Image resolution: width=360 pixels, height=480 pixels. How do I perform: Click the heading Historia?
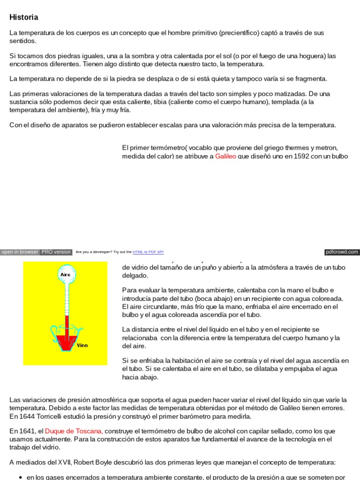pos(24,17)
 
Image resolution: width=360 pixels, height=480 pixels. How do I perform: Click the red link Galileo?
pos(225,157)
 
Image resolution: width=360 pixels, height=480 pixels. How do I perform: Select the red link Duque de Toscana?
pos(74,431)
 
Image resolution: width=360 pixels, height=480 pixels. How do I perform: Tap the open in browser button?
pos(20,252)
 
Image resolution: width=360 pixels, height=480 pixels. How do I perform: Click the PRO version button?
pos(56,252)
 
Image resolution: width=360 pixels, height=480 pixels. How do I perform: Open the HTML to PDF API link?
pos(148,252)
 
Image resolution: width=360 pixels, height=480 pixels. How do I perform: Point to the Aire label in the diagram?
pos(65,273)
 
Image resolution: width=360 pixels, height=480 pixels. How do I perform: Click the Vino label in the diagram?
pos(82,345)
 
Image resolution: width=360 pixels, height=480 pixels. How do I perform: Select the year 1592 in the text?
pos(303,157)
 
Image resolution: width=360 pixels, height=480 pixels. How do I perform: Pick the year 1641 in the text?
pos(27,431)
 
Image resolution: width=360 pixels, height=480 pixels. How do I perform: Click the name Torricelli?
pos(50,416)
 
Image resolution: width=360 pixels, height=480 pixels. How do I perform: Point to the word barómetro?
pos(202,416)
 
